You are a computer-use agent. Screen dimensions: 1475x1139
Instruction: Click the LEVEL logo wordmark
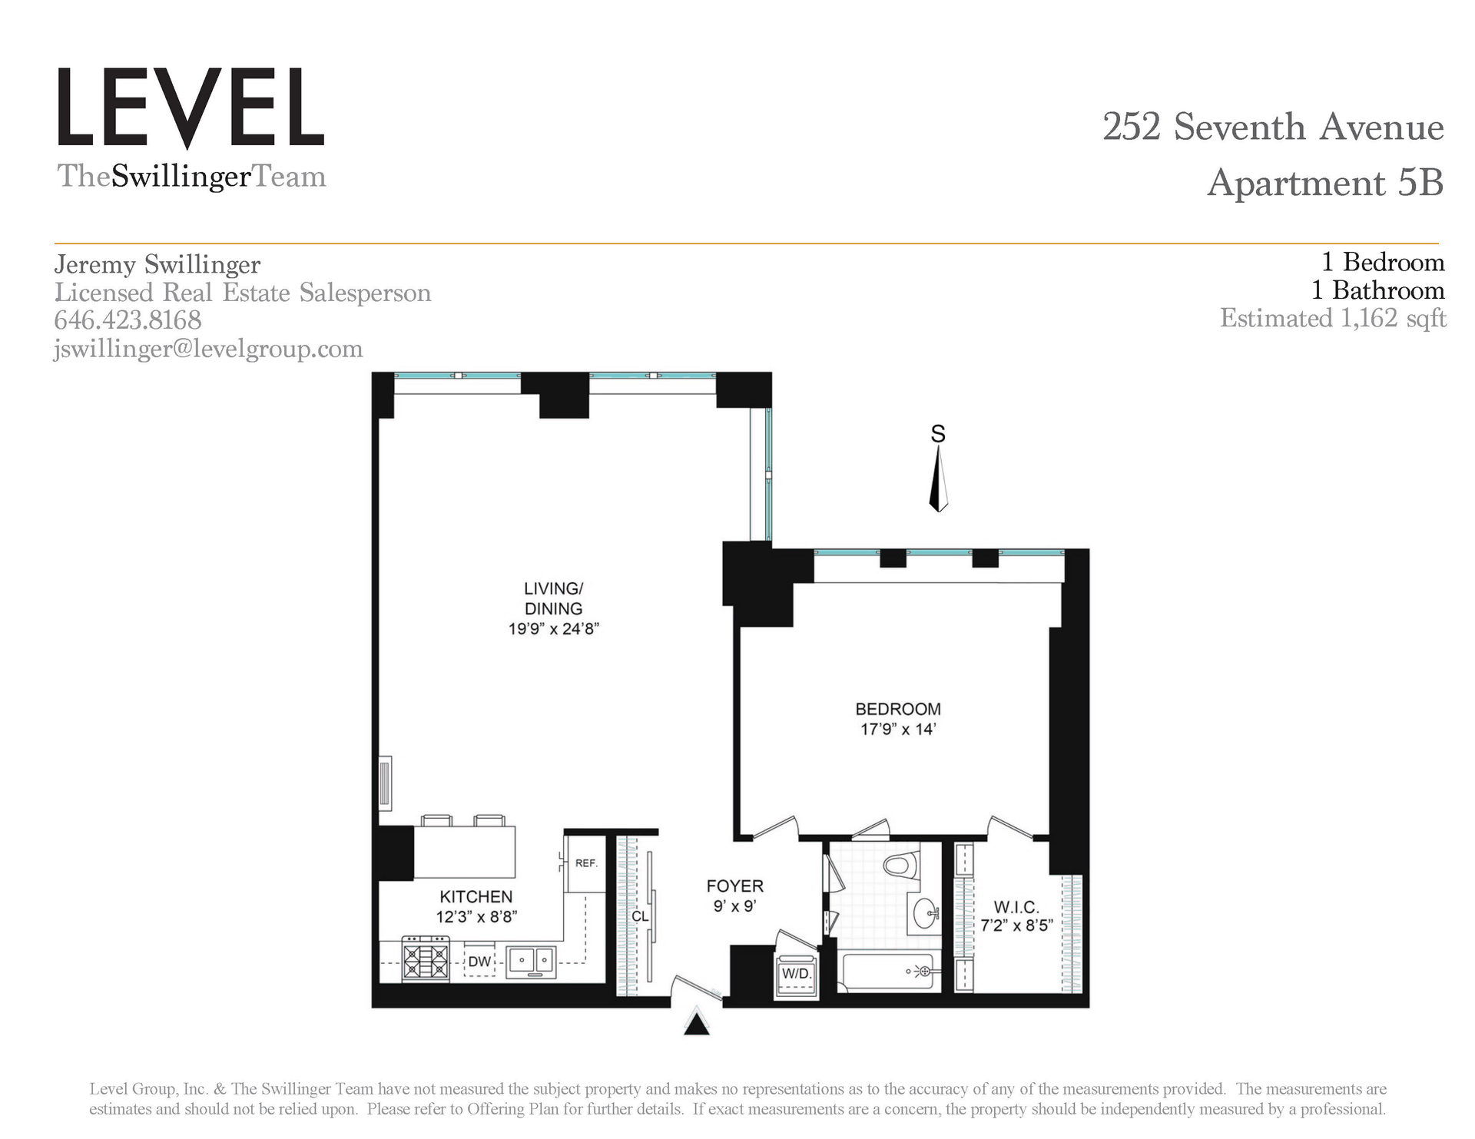coord(191,108)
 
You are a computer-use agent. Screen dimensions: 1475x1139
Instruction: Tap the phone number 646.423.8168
coord(128,320)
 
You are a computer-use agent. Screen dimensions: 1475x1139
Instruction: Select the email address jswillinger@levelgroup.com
coord(208,349)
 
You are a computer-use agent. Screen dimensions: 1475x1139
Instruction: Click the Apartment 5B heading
coord(1325,183)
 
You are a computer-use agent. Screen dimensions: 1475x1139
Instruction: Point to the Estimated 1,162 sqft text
coord(1333,318)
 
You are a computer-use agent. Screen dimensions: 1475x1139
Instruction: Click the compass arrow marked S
coord(938,479)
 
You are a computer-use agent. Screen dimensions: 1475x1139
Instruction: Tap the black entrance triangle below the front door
coord(697,1024)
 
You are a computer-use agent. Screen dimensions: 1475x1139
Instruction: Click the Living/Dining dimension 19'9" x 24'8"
coord(553,629)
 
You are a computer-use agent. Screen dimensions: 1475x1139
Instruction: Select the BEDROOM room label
coord(898,709)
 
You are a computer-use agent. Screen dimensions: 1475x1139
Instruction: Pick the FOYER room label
coord(735,886)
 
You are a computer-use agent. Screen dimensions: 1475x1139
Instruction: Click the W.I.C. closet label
coord(1016,907)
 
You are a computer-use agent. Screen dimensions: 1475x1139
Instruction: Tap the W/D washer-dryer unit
coord(797,975)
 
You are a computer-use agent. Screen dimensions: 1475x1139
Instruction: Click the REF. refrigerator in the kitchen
coord(585,863)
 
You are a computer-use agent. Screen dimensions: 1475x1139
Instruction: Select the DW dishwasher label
coord(479,962)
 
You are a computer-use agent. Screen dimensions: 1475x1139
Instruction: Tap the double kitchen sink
coord(531,960)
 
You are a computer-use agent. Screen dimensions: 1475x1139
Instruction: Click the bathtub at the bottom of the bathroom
coord(888,972)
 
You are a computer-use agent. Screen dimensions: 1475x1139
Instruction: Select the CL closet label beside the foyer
coord(640,916)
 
